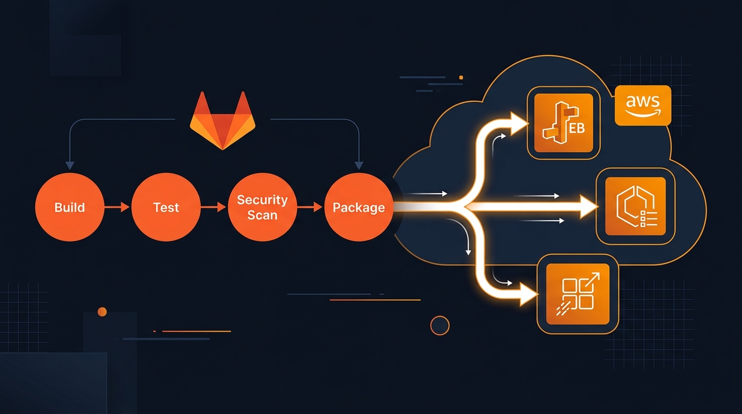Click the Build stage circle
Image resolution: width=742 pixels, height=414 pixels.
point(70,208)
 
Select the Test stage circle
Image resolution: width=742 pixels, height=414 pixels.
point(166,208)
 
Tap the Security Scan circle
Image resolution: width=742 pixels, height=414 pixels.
point(262,208)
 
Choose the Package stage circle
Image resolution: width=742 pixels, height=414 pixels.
point(359,208)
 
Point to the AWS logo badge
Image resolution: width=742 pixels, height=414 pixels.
point(643,105)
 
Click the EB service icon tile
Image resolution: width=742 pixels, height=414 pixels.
point(563,123)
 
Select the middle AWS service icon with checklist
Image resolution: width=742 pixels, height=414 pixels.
point(635,206)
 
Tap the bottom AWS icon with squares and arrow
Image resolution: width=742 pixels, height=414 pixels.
point(578,294)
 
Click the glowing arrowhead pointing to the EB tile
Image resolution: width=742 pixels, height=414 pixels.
point(518,123)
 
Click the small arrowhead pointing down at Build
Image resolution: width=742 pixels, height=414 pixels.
point(70,165)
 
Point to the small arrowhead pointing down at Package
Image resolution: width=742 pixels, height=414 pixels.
point(359,165)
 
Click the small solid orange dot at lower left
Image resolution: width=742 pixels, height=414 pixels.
point(102,312)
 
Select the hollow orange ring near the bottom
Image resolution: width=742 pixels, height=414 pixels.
point(440,326)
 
